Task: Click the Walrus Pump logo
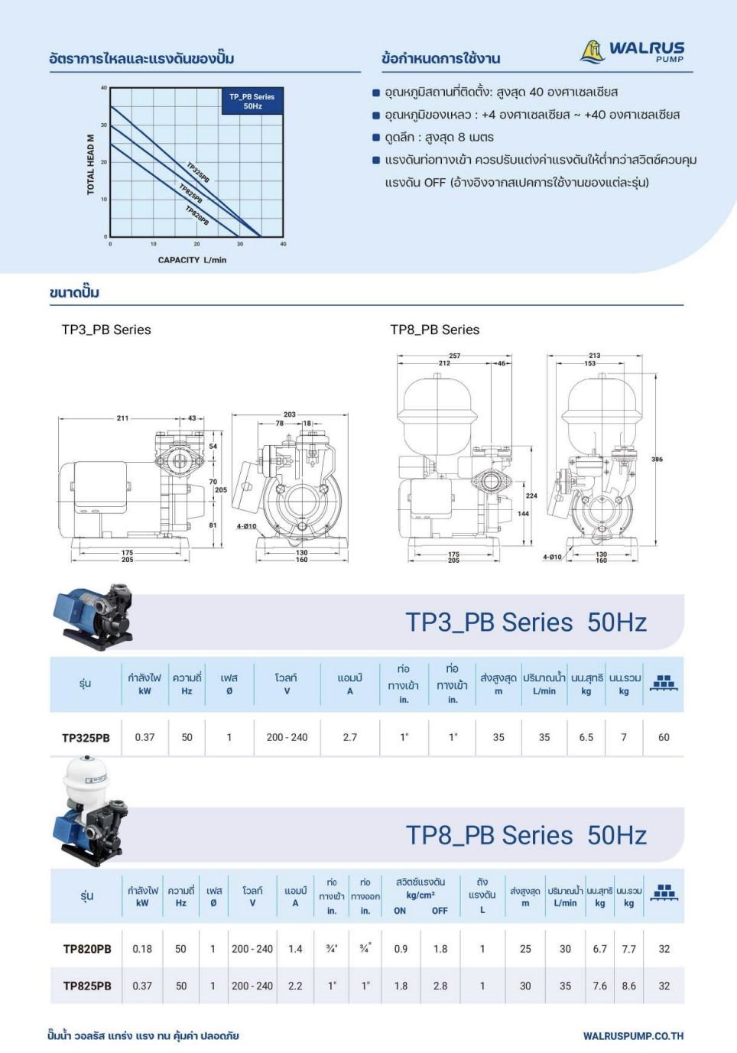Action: pos(632,51)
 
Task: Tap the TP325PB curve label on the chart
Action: pos(198,173)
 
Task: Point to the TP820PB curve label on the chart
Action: pos(197,216)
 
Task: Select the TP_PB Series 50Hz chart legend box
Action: pos(252,101)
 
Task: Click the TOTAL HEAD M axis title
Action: pos(91,164)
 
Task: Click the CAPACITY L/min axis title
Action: pos(192,260)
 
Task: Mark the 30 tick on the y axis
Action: pos(104,125)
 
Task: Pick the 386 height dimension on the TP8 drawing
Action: pos(657,460)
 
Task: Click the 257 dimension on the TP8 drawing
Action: pos(455,356)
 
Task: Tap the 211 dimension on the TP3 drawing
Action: pos(122,418)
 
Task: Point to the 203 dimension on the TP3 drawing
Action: pos(290,414)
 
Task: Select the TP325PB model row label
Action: pos(86,738)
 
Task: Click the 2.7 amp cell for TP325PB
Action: pos(349,737)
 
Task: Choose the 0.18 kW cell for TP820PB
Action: pos(142,949)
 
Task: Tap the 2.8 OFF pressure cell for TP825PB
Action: pos(440,985)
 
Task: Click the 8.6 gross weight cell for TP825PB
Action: pos(629,985)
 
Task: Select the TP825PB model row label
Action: pos(87,986)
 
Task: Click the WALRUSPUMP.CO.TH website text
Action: pos(633,1035)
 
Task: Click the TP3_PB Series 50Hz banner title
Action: pos(526,622)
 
